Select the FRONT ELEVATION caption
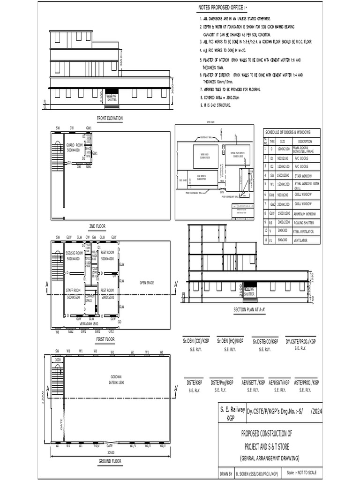coord(109,119)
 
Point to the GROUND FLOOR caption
coord(110,461)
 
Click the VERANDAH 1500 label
coord(89,323)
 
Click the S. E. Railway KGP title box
coord(232,413)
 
